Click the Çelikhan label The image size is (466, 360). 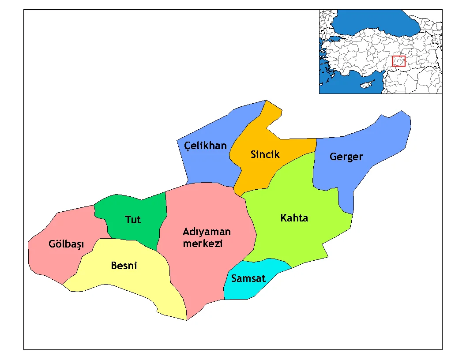pyautogui.click(x=205, y=146)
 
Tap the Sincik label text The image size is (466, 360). pyautogui.click(x=265, y=154)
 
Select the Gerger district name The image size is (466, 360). pyautogui.click(x=346, y=157)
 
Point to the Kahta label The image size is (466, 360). pyautogui.click(x=294, y=218)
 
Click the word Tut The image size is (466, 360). pyautogui.click(x=132, y=219)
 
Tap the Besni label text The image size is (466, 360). pyautogui.click(x=124, y=266)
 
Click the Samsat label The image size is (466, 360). pyautogui.click(x=248, y=278)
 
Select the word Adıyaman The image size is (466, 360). pyautogui.click(x=207, y=232)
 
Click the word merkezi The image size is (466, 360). pyautogui.click(x=203, y=244)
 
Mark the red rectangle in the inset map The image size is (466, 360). pyautogui.click(x=398, y=61)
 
